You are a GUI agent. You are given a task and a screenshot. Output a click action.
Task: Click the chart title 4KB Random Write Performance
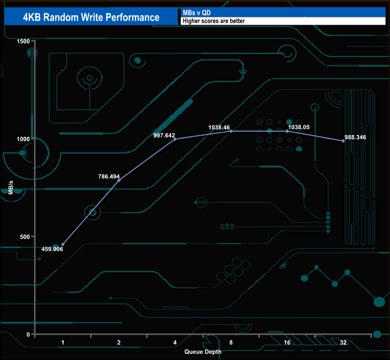coord(91,17)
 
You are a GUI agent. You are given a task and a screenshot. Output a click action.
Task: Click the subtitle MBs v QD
coord(196,13)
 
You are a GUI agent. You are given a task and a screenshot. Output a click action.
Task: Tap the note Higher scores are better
coord(214,21)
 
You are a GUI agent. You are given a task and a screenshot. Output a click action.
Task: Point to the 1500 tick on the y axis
coord(23,41)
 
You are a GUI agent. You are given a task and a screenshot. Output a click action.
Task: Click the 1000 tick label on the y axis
coord(23,139)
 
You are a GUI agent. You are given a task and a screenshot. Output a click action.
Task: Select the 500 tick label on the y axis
coord(25,236)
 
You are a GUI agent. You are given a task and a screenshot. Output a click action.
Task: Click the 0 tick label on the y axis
coord(28,335)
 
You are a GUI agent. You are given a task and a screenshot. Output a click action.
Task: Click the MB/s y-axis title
coord(10,188)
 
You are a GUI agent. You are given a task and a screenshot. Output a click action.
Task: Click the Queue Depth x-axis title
coord(203,352)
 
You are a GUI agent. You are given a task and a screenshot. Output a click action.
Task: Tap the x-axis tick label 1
coord(62,343)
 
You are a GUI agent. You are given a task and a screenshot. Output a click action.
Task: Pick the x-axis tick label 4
coord(175,343)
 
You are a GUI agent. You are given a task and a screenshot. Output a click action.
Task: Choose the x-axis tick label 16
coord(287,343)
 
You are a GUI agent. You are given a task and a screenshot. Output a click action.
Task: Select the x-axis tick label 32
coord(343,343)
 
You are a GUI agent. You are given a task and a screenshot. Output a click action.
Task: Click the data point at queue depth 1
coord(62,245)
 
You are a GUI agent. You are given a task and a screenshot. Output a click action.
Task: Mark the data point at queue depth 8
coord(231,131)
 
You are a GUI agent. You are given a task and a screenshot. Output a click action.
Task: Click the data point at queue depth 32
coord(343,141)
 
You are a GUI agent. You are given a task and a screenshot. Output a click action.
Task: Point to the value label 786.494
coord(109,176)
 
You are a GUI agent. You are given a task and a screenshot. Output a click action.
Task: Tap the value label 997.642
coord(164,136)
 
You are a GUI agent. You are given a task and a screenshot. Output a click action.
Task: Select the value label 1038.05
coord(299,127)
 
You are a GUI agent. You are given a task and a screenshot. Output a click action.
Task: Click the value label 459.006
coord(52,249)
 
